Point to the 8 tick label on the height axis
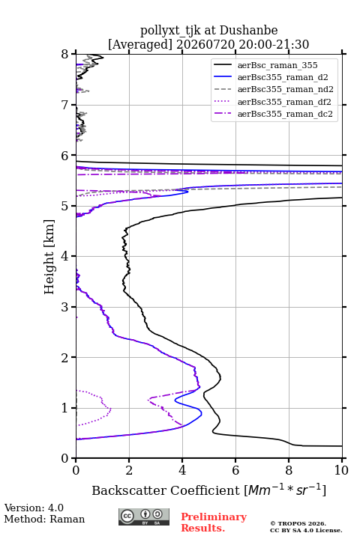65,55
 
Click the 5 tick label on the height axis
65,206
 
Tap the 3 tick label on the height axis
65,307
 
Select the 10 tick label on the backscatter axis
341,470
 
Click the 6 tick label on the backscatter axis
235,470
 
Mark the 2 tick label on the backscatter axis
129,470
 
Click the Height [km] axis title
49,257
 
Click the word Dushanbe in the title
248,31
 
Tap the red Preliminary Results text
214,522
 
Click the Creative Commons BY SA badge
144,517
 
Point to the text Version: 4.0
34,508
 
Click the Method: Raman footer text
44,519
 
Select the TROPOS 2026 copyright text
298,523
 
